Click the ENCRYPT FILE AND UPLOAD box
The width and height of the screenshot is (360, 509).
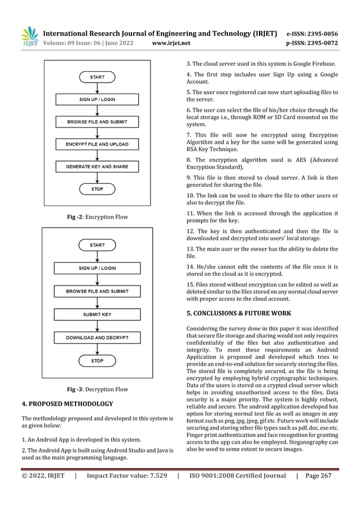point(97,144)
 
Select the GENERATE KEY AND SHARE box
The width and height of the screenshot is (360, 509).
point(97,166)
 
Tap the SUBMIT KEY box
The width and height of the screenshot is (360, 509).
point(97,314)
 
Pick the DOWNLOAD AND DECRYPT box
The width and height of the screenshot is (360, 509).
point(97,337)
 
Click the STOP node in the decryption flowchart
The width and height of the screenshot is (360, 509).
point(97,359)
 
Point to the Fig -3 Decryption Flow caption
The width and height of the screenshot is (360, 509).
point(97,389)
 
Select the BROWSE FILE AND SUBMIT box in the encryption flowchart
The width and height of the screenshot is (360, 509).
point(97,121)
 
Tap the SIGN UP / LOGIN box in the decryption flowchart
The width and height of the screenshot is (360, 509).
point(97,268)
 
